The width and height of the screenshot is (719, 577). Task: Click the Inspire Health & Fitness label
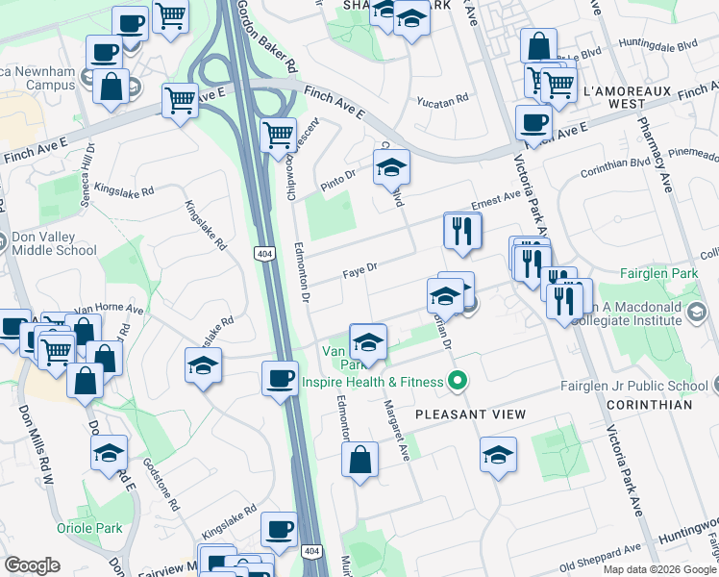374,382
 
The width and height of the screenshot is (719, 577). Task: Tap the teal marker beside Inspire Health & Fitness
459,382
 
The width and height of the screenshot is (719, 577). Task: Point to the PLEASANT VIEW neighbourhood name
470,414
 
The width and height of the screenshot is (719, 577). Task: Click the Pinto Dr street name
337,176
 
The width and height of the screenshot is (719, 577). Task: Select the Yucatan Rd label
442,99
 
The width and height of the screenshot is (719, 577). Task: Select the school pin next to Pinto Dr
390,167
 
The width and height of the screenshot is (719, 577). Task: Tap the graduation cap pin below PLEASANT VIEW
498,455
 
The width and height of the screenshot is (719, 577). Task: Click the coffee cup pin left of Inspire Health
280,377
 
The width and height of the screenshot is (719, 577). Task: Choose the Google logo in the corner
33,565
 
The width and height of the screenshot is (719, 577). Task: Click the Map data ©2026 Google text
658,569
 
